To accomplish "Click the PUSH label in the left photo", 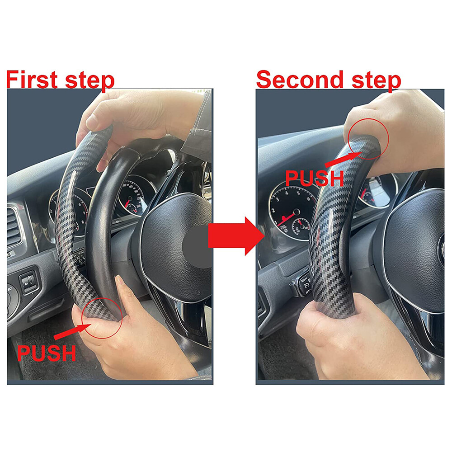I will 47,353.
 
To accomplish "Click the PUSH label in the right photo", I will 315,178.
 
